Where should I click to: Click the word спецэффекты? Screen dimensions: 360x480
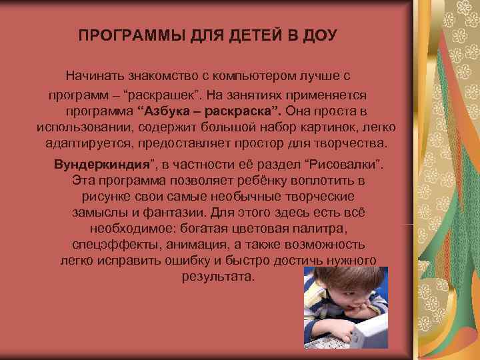click(x=110, y=245)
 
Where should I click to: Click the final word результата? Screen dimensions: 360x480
click(x=218, y=277)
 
